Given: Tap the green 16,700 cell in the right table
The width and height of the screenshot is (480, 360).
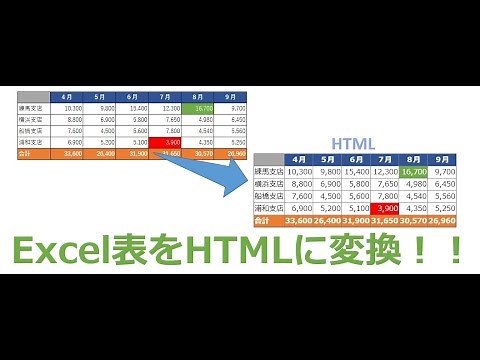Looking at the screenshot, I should pyautogui.click(x=415, y=171).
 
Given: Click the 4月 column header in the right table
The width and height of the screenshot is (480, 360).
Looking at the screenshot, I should pyautogui.click(x=299, y=159).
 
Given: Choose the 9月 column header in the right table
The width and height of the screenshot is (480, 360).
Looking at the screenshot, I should pyautogui.click(x=445, y=159).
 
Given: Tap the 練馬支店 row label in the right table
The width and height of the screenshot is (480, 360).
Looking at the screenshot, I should pyautogui.click(x=268, y=171).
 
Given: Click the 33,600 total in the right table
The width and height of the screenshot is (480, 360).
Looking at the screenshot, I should pyautogui.click(x=299, y=219).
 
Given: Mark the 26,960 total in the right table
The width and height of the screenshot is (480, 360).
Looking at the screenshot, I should pyautogui.click(x=445, y=219).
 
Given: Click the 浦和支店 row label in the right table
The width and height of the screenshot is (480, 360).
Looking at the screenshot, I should pyautogui.click(x=268, y=207).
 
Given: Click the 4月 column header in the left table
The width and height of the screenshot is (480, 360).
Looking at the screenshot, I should pyautogui.click(x=68, y=96).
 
